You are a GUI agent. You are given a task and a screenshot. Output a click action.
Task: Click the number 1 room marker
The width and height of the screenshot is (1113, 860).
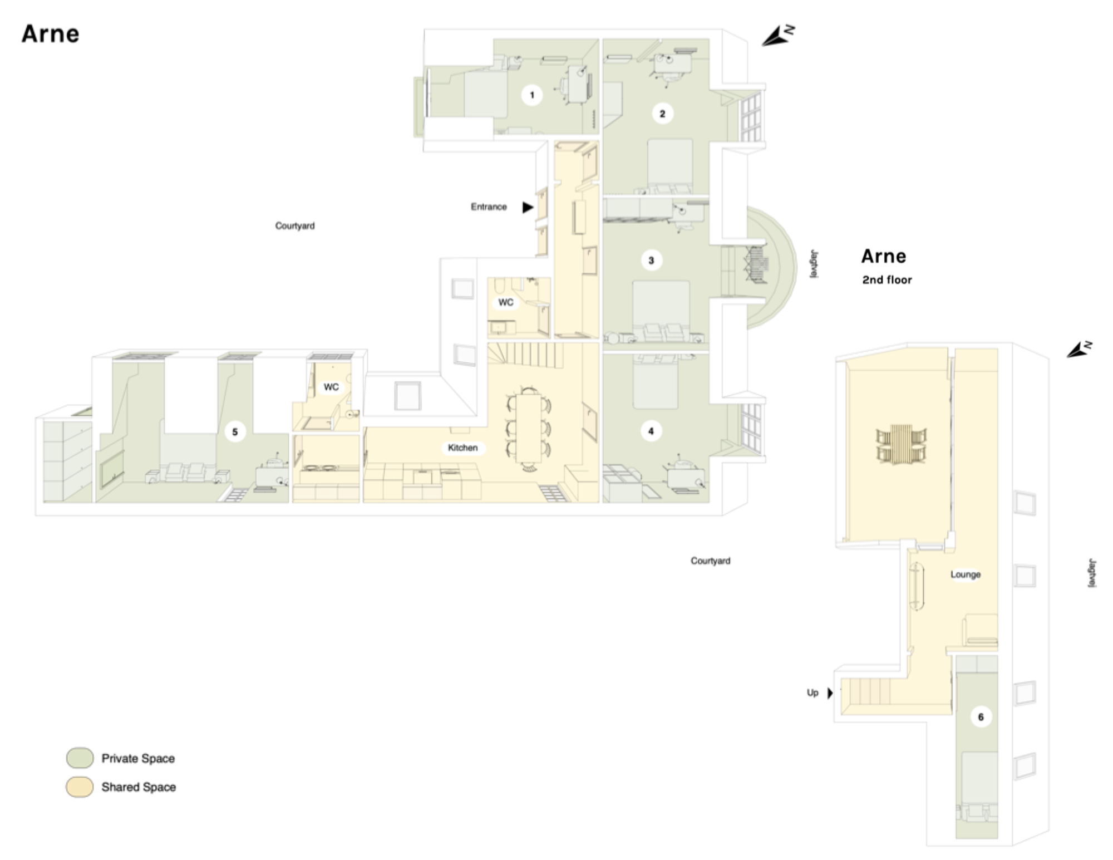point(532,95)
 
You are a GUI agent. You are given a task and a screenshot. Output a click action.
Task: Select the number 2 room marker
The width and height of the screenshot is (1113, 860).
point(662,114)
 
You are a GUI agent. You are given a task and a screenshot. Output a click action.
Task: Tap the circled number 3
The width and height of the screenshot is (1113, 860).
point(651,261)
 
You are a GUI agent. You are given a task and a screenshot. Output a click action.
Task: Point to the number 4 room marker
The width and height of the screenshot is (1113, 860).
point(651,431)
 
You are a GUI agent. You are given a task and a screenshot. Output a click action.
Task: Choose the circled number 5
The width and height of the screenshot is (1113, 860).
point(235,432)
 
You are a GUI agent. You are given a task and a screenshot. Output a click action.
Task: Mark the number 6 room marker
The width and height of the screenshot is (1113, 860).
point(981,717)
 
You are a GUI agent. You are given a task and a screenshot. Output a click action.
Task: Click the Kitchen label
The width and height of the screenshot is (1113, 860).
point(463,448)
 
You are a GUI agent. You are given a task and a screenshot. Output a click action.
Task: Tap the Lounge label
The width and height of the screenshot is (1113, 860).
point(966,574)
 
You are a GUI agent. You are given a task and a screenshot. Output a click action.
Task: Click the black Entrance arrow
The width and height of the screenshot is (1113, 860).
point(528,207)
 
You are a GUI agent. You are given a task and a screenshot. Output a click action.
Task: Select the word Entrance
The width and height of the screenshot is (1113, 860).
point(489,207)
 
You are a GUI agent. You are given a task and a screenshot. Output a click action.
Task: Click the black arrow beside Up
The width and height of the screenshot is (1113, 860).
point(830,693)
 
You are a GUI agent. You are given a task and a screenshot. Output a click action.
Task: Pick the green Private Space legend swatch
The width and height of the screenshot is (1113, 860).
point(80,758)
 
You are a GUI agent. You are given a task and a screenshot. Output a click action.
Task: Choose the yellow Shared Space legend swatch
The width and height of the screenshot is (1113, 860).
point(80,787)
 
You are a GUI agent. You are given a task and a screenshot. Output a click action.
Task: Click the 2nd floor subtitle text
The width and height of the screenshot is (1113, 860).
point(887,280)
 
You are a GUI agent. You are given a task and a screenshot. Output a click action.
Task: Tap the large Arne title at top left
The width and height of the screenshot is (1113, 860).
point(51,34)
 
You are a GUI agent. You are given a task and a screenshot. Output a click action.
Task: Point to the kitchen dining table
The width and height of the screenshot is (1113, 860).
point(528,427)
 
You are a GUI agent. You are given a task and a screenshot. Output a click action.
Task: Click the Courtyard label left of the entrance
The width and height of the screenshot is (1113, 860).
point(295,226)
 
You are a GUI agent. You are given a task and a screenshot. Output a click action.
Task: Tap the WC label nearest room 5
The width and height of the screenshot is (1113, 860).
point(331,387)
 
